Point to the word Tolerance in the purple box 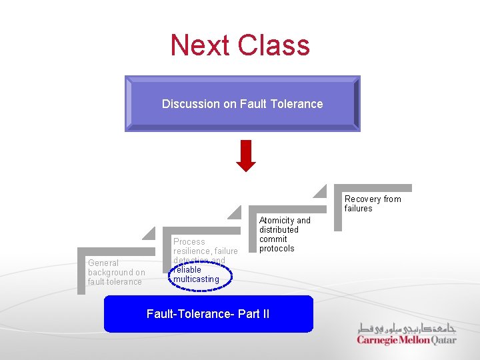point(297,104)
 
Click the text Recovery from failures point(373,203)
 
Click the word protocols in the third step point(277,249)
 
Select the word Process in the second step point(189,241)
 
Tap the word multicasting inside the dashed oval point(196,279)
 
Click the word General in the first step point(103,263)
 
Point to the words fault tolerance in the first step point(115,282)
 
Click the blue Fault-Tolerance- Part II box point(208,313)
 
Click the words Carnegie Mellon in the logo point(393,340)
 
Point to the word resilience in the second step point(189,251)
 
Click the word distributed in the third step point(279,230)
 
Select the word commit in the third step point(273,239)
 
